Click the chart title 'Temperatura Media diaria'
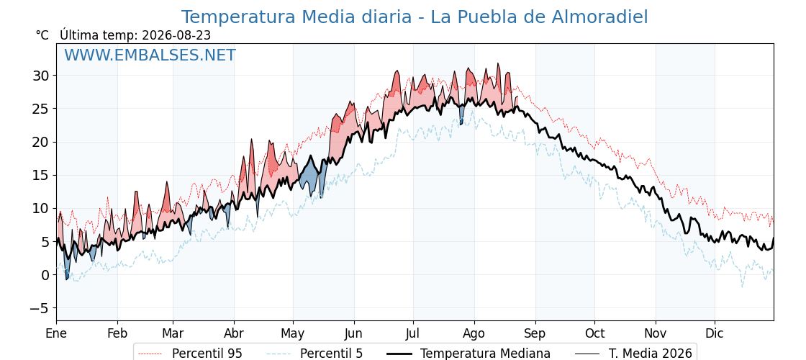296,17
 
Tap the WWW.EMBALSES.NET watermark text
150,55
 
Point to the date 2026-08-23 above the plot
176,35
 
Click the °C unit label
42,35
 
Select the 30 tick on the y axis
42,76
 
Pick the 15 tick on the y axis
42,176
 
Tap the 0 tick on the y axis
46,274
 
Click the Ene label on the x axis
56,333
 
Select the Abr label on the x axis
234,333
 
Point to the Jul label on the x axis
413,333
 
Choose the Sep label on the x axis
535,333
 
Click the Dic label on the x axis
715,333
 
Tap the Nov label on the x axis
656,333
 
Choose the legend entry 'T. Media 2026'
634,354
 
